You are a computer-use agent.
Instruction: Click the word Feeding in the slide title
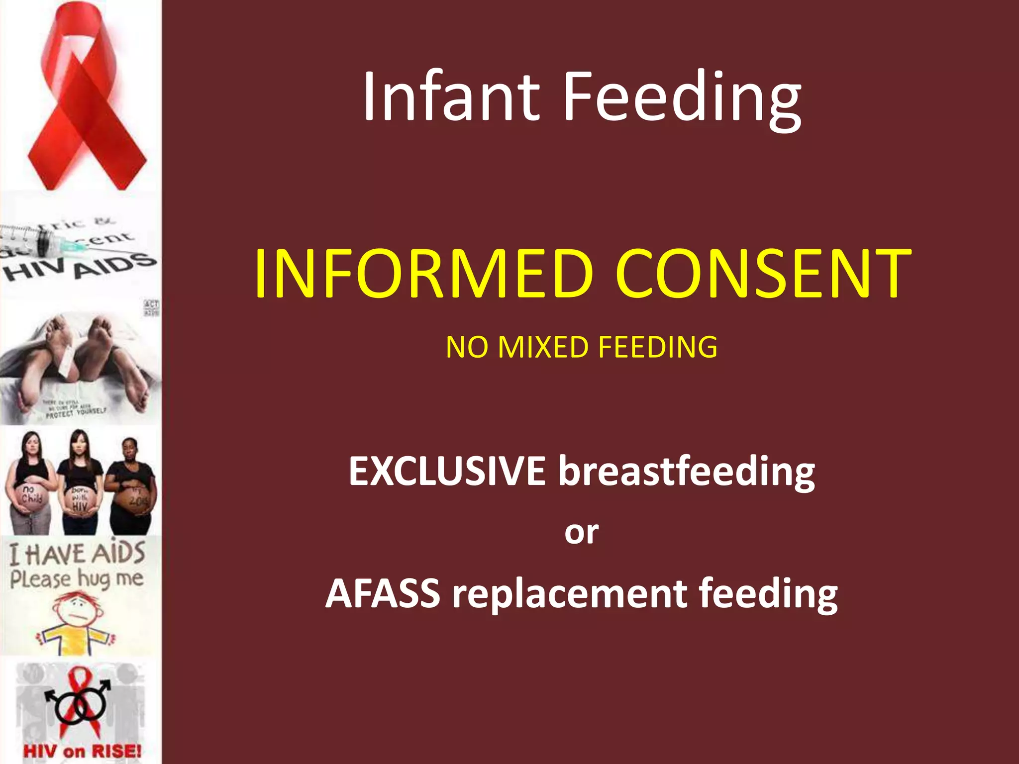682,97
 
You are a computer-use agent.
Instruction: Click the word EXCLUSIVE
446,471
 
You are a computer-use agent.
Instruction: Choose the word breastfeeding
686,472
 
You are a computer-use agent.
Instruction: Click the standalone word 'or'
581,532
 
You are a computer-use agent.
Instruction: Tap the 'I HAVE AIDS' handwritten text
77,554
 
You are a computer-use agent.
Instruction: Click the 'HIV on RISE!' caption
82,750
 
